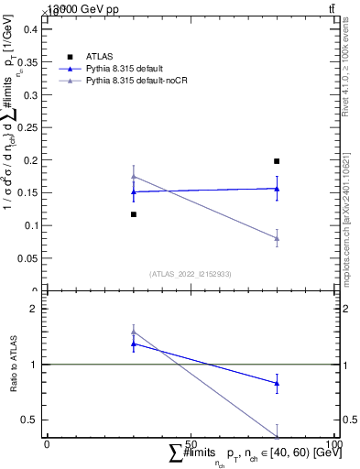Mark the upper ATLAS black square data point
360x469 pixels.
[x=277, y=161]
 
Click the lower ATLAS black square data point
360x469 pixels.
[x=134, y=214]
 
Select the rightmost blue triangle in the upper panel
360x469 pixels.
[x=277, y=189]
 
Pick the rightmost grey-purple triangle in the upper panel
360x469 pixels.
[x=277, y=238]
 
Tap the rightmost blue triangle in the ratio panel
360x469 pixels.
[x=277, y=383]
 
